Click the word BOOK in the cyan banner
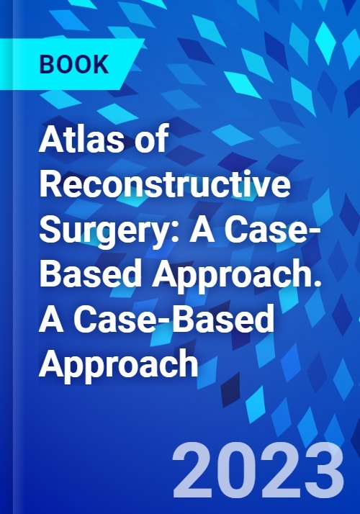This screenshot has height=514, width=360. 73,64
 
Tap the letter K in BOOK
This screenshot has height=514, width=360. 101,64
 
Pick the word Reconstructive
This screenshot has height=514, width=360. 165,183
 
